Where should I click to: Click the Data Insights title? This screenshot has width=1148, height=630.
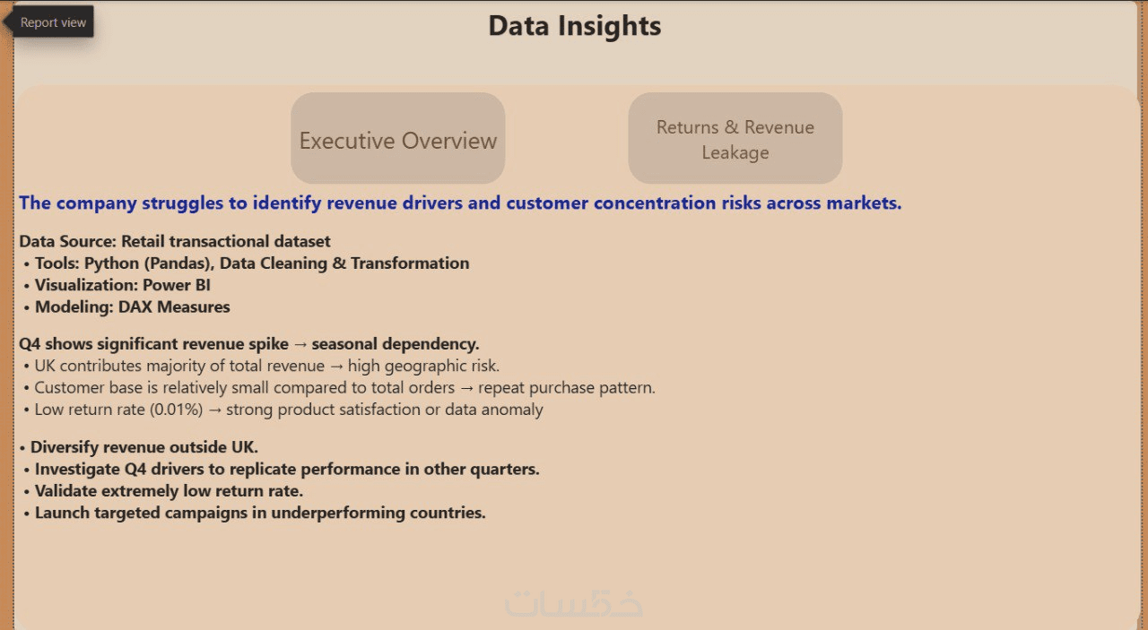coord(575,26)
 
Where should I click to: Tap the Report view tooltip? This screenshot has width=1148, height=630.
coord(52,22)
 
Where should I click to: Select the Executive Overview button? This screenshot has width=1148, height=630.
coord(397,138)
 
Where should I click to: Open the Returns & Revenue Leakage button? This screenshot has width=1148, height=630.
coord(735,138)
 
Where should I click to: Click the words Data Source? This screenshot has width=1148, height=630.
coord(67,241)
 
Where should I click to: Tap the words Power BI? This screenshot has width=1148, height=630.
coord(177,285)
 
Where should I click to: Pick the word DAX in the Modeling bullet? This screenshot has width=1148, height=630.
coord(135,306)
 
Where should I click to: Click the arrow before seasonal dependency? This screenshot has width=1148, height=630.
coord(300,344)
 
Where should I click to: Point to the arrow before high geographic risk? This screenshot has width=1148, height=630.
coord(336,367)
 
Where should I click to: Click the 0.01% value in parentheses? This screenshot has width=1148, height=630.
coord(177,410)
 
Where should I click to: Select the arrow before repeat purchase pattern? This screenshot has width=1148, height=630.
coord(466,388)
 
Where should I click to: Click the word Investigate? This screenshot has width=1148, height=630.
coord(77,470)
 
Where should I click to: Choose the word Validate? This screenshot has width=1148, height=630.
coord(65,491)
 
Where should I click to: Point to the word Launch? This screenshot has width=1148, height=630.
coord(62,513)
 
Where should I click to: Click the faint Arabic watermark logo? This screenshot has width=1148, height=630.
coord(573,603)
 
